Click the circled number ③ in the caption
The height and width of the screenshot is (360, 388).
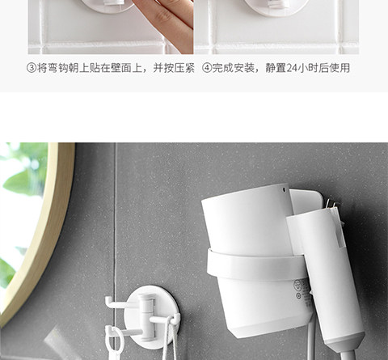(32, 68)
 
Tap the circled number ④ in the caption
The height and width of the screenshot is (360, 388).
(207, 68)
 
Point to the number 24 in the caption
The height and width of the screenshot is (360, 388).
(291, 68)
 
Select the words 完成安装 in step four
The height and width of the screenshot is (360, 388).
(234, 68)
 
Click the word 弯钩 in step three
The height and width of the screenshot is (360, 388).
(53, 68)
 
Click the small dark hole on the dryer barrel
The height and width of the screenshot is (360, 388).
(284, 189)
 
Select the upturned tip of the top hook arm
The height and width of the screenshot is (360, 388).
(108, 300)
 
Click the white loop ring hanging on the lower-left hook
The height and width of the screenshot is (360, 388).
(116, 342)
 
